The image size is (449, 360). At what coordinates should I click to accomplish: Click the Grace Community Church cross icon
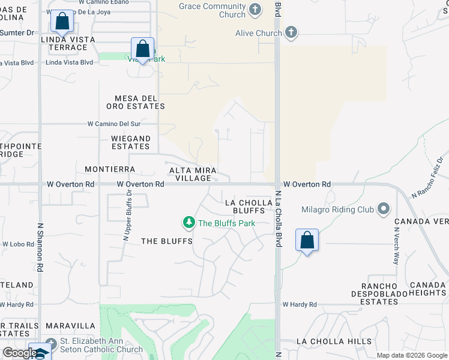pos(255,10)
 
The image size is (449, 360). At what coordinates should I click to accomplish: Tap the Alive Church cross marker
pos(291,32)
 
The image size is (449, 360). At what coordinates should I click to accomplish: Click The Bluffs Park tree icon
pos(189,223)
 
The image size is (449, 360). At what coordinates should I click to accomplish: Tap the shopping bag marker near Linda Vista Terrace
pos(62,22)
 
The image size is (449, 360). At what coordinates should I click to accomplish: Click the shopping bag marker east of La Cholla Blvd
pos(307,241)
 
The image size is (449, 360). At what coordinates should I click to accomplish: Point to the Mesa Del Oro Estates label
pos(139,102)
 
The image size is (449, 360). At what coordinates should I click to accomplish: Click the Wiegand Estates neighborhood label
pos(130,142)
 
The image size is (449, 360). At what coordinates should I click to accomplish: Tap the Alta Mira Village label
pos(190,174)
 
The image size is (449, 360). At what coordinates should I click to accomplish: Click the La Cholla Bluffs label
pos(245,207)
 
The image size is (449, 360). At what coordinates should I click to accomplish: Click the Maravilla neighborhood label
pos(71,326)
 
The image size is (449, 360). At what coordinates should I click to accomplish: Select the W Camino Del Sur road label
pos(113,124)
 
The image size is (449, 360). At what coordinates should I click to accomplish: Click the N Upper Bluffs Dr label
pos(127,215)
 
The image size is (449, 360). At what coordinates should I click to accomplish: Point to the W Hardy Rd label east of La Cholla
pos(300,305)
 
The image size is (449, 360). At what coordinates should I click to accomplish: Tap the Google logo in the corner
pos(19,353)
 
